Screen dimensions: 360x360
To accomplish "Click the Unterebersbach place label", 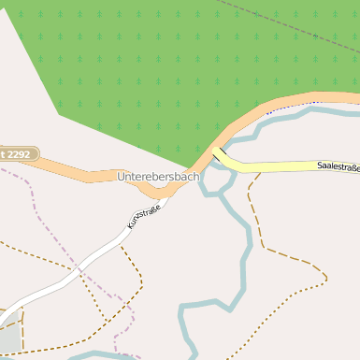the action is coord(158,176).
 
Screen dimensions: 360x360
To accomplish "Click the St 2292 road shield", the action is coord(17,152).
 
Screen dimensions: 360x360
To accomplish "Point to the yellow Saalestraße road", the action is coord(281,167).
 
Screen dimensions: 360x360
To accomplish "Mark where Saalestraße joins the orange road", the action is coord(218,150).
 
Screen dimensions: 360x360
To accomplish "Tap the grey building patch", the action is coord(7,338).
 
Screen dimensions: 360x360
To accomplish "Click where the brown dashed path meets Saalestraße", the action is coord(254,173).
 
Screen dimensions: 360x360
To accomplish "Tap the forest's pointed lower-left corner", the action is coord(58,114).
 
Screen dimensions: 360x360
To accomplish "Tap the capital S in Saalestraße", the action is coord(320,166).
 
